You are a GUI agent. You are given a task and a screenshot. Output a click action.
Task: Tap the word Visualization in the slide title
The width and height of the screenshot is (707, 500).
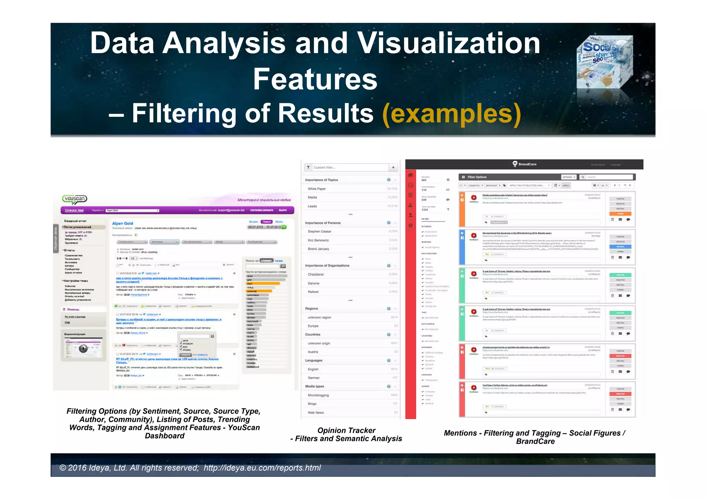click(448, 43)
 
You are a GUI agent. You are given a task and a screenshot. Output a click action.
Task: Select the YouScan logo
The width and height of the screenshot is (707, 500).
click(75, 199)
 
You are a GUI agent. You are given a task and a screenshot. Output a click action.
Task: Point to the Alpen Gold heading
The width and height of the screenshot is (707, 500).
click(123, 223)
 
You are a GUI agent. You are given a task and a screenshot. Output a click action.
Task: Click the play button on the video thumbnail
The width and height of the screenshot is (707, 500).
click(83, 348)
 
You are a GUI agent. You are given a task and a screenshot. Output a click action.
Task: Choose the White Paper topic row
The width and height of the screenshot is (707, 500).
click(317, 189)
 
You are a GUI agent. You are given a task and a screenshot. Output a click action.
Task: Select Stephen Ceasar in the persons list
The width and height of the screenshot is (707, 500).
click(319, 231)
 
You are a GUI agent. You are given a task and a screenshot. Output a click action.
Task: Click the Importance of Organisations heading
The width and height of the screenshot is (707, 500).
click(327, 266)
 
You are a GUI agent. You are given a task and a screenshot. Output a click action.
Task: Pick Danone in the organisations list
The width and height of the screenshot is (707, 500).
click(313, 283)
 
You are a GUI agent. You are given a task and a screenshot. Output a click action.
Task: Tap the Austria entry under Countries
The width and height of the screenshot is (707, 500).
click(313, 352)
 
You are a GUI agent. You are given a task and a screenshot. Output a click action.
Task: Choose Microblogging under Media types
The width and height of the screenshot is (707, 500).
click(318, 395)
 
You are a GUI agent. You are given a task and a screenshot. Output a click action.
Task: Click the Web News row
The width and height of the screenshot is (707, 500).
click(316, 413)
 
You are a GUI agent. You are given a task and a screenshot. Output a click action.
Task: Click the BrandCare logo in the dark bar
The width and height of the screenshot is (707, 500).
click(524, 164)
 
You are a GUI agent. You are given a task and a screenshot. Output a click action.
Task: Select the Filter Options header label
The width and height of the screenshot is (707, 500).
click(477, 177)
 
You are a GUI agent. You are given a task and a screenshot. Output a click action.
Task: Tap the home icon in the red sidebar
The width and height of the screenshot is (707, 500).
click(410, 175)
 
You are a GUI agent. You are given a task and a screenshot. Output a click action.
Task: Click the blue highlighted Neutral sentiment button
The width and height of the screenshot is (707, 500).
click(620, 247)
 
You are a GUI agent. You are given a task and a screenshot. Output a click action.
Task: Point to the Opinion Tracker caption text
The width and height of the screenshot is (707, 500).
click(346, 431)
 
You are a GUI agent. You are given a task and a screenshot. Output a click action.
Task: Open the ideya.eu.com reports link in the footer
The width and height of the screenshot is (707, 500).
click(262, 468)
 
